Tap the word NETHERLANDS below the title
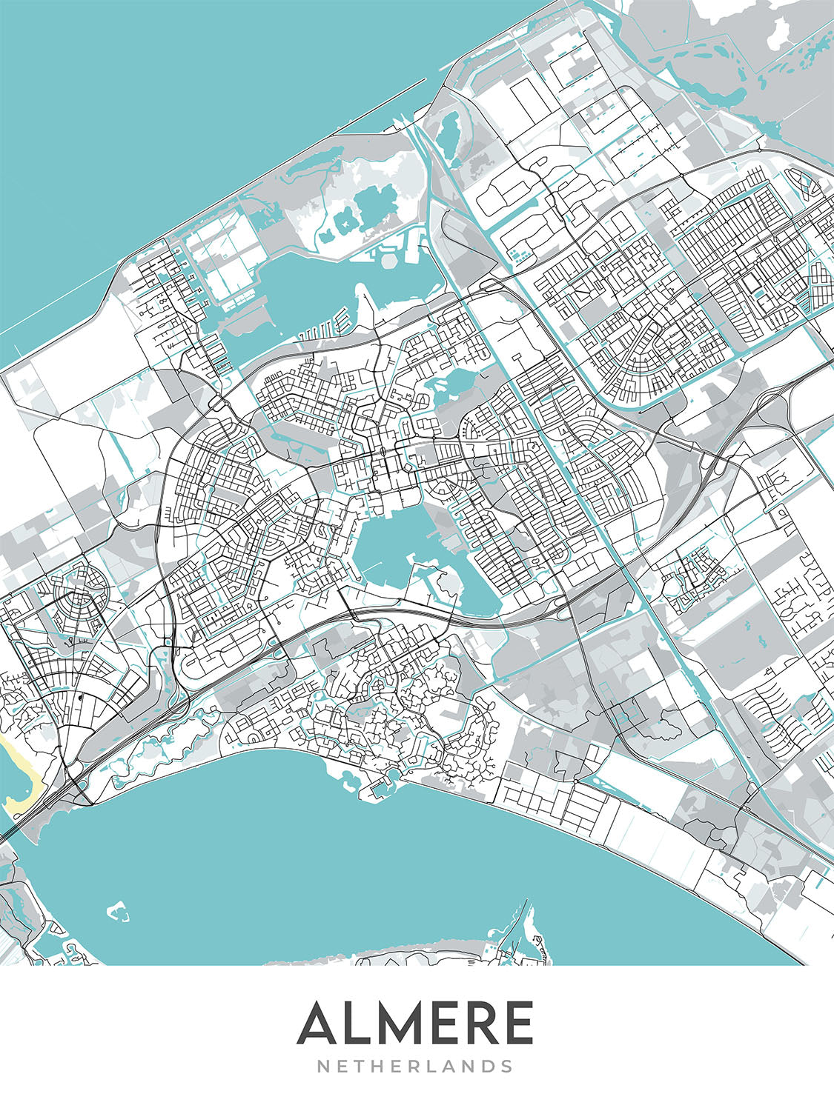pos(415,1067)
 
